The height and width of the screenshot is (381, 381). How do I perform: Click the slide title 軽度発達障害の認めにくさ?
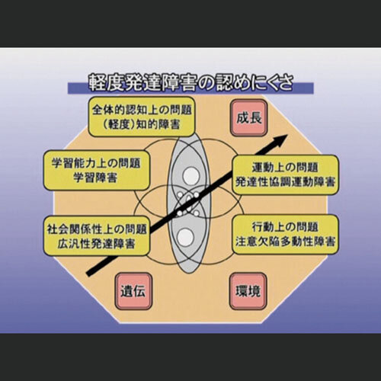(190, 82)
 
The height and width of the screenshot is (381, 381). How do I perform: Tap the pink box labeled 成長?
(249, 118)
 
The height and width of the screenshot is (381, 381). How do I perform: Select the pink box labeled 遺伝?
(133, 291)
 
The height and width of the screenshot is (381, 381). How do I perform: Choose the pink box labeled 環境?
(248, 291)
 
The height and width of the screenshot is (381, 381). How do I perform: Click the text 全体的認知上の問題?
(142, 110)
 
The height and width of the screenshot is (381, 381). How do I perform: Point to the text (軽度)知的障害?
(142, 124)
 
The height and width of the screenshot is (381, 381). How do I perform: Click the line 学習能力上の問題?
(96, 163)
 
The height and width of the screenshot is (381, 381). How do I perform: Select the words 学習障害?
(95, 177)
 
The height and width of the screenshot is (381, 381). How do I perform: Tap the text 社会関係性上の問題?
(97, 229)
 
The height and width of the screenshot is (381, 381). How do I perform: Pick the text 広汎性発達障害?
(96, 243)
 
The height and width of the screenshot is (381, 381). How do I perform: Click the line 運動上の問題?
(285, 168)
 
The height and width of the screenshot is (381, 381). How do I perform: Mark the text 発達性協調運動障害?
(285, 181)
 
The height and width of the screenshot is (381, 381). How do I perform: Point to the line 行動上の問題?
(285, 227)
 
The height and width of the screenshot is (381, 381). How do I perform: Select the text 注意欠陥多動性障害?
(285, 241)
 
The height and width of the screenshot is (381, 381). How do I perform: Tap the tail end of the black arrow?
(88, 274)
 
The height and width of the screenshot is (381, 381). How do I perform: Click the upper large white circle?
(190, 175)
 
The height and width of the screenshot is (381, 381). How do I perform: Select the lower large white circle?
(186, 237)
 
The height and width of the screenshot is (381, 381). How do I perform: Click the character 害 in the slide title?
(187, 82)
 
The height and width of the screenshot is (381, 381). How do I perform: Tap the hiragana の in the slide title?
(205, 83)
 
